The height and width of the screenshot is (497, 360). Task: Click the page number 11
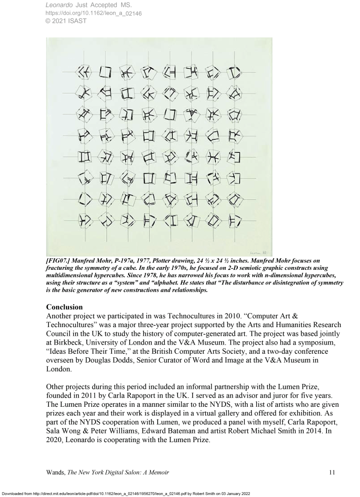(x=331, y=471)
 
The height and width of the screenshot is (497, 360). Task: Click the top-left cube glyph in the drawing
(x=84, y=73)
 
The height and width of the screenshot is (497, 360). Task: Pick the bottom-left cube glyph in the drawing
(x=84, y=221)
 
